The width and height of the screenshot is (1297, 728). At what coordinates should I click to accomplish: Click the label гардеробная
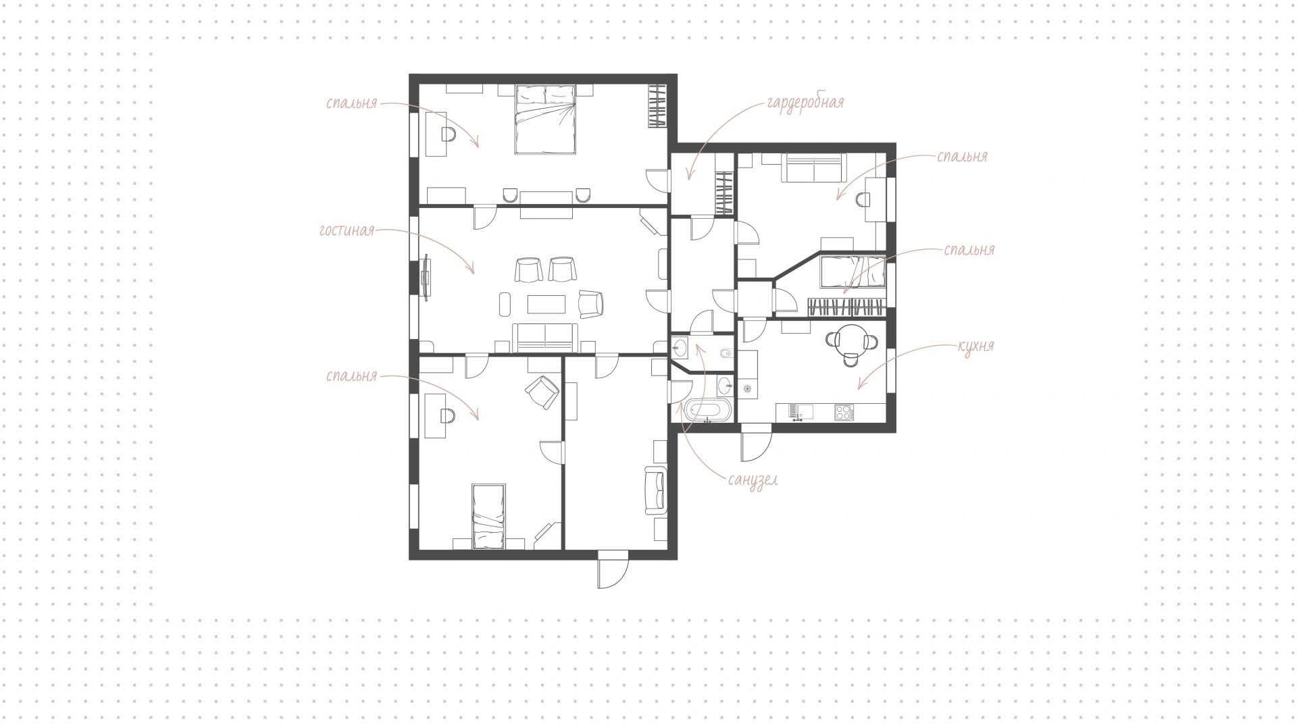pyautogui.click(x=805, y=103)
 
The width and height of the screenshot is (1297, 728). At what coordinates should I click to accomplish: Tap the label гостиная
pyautogui.click(x=347, y=231)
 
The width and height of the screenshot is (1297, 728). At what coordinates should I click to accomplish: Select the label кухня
pyautogui.click(x=975, y=346)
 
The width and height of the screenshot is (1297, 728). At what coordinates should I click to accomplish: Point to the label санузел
pyautogui.click(x=753, y=479)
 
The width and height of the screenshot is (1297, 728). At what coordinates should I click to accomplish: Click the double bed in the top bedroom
pyautogui.click(x=545, y=119)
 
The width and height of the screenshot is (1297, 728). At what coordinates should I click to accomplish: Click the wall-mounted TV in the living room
pyautogui.click(x=426, y=277)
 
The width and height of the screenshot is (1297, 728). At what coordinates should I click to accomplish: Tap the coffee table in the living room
pyautogui.click(x=546, y=305)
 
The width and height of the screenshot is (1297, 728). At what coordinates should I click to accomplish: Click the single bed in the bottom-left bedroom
pyautogui.click(x=488, y=516)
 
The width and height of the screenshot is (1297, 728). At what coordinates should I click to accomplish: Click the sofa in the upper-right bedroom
pyautogui.click(x=813, y=167)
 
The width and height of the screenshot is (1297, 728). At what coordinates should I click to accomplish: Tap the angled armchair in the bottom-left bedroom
pyautogui.click(x=542, y=392)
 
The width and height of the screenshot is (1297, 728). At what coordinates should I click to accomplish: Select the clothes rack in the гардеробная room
pyautogui.click(x=724, y=193)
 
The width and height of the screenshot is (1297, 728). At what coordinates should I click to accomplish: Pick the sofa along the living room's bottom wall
pyautogui.click(x=545, y=338)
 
